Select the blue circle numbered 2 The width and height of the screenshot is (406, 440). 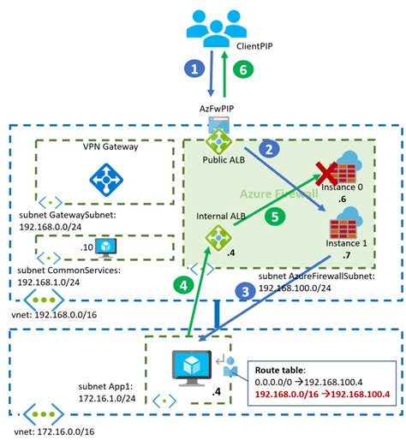pyautogui.click(x=272, y=149)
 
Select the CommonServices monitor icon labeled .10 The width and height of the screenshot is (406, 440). pyautogui.click(x=108, y=247)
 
